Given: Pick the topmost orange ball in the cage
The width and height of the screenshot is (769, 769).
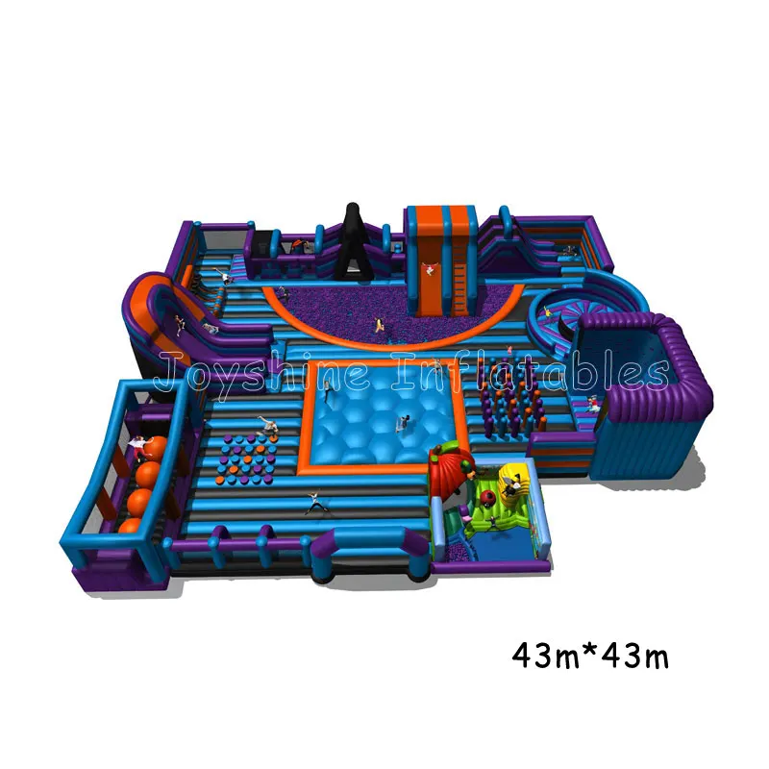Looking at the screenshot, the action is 156,448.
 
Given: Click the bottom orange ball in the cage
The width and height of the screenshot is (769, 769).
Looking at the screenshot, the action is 130,526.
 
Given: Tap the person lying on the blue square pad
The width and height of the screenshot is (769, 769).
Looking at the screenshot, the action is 403,423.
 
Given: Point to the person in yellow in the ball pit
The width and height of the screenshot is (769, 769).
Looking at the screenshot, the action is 378,324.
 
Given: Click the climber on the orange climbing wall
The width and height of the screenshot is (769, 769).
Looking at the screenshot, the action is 430,268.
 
